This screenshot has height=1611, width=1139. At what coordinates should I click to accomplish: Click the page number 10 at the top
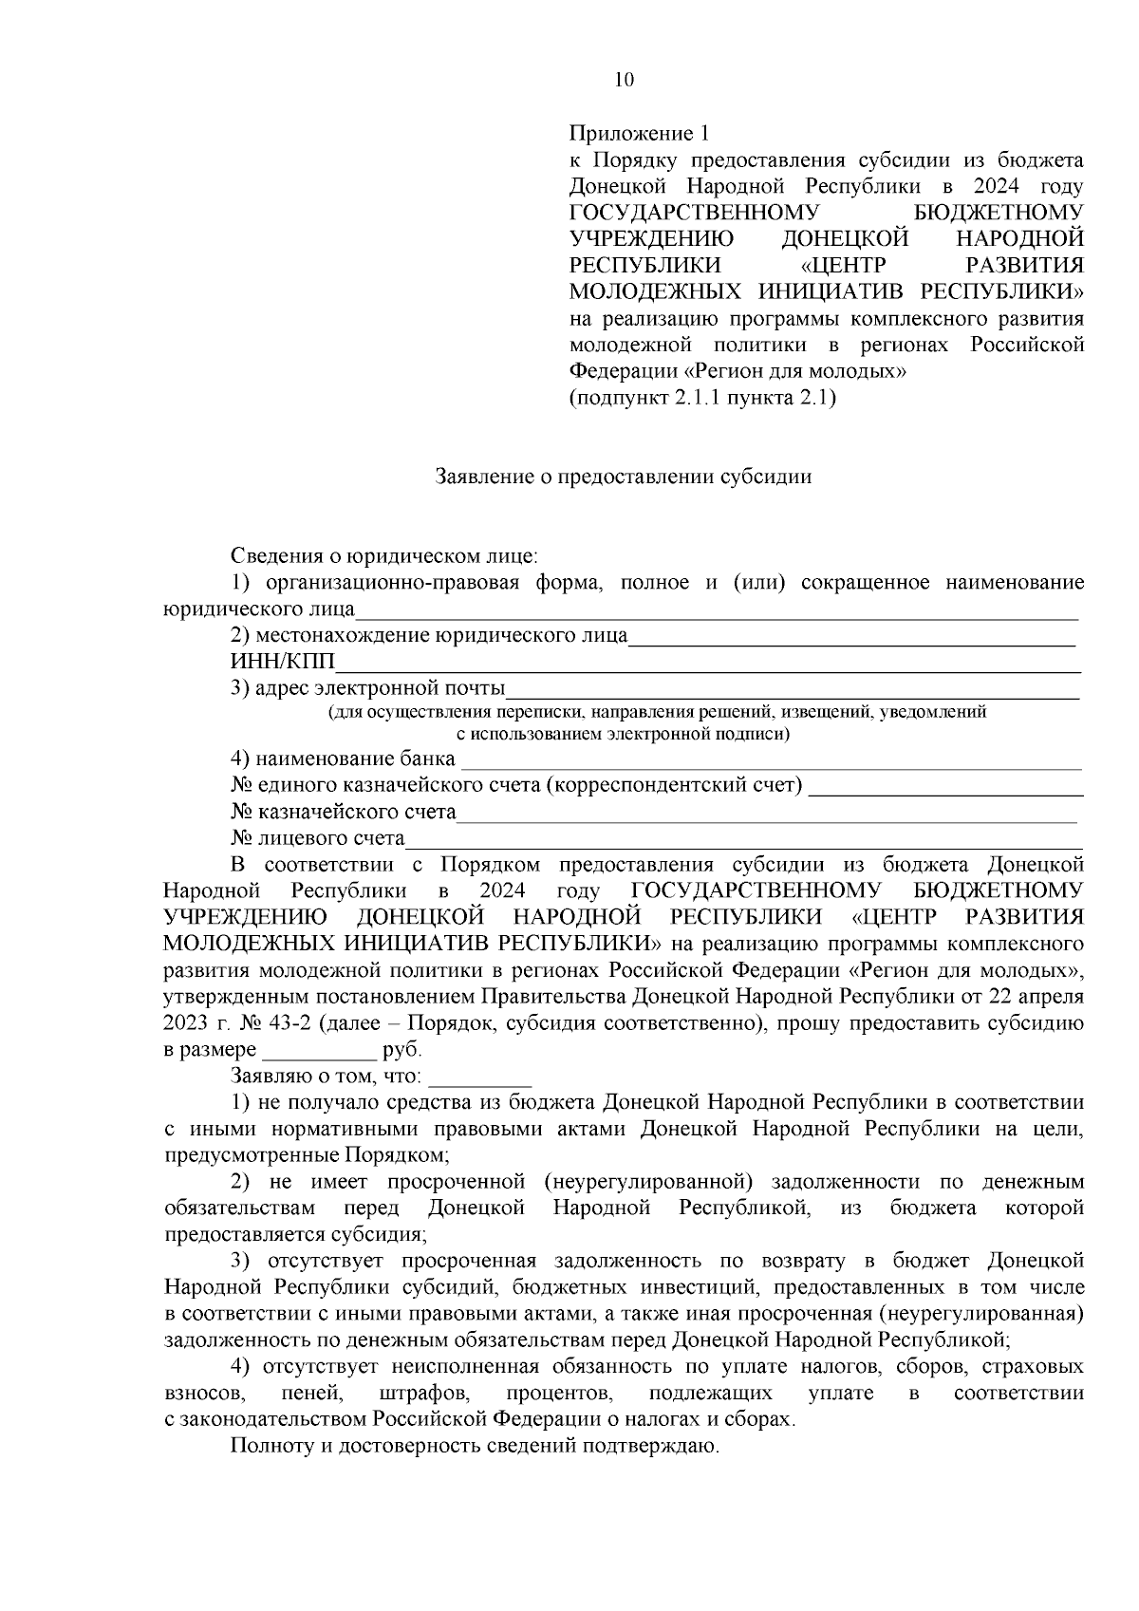pos(624,80)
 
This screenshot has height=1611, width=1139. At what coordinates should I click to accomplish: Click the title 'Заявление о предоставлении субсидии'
pos(623,477)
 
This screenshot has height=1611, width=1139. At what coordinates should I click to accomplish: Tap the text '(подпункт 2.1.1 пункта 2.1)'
pos(702,398)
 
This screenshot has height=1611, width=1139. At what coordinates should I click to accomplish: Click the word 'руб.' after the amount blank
pos(401,1051)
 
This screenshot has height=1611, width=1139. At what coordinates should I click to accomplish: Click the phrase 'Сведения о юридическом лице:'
pos(384,554)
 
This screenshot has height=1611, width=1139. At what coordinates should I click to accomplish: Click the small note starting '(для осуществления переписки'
pos(657,712)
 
